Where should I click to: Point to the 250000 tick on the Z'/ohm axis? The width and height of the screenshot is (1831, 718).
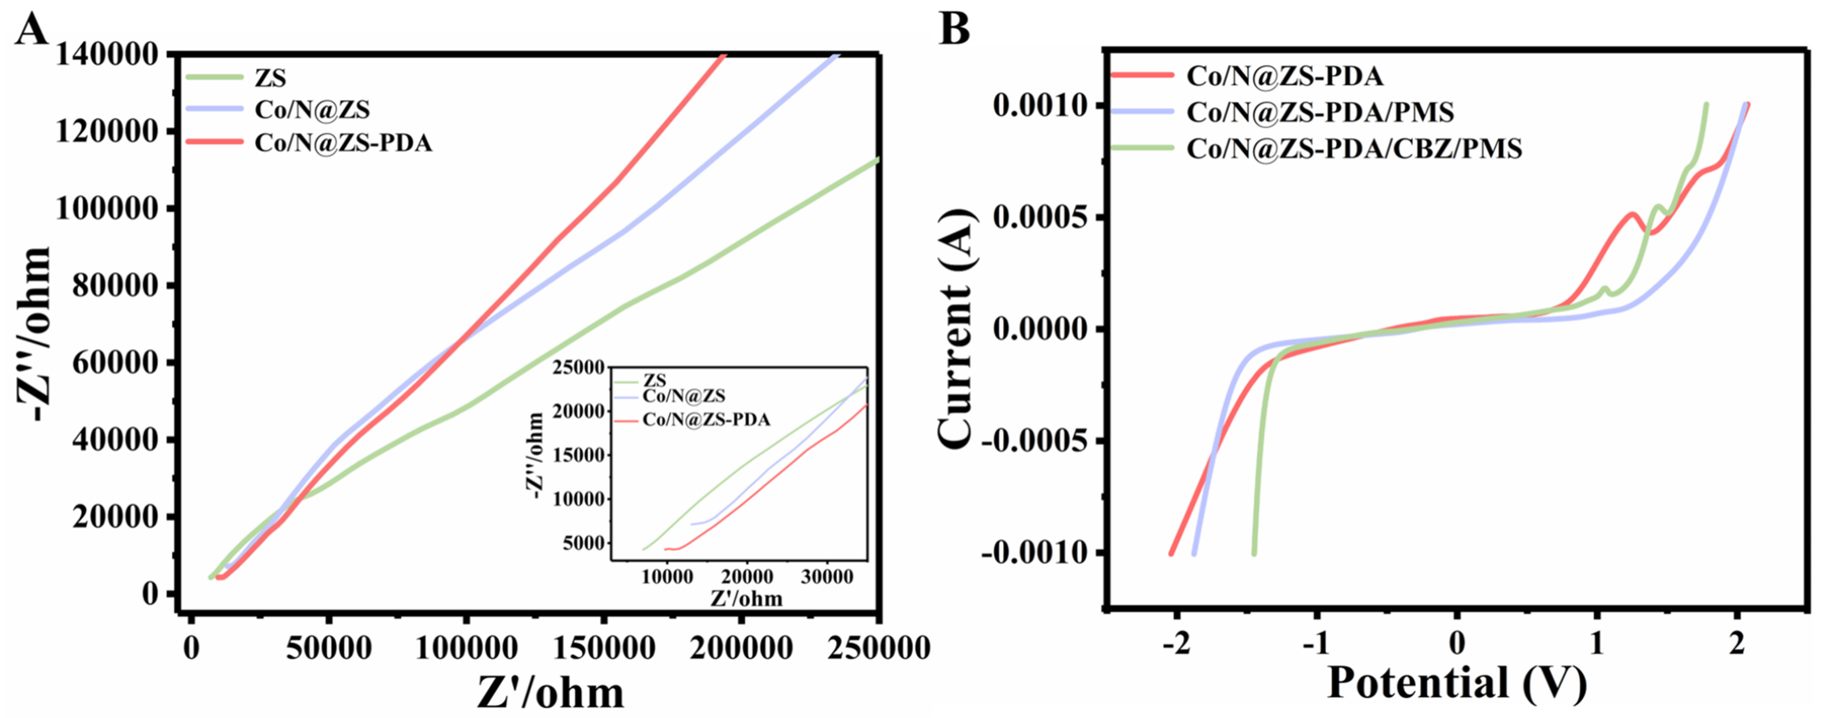pos(880,648)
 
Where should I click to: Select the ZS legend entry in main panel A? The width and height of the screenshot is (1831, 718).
pos(270,77)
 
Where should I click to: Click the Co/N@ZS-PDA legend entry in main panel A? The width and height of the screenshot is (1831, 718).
pos(343,144)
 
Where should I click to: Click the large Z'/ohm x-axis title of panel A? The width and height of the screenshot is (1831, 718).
pos(550,693)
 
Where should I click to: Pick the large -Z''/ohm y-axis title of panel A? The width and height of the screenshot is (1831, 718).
pos(36,334)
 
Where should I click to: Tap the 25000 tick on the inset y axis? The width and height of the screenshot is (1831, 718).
pos(579,368)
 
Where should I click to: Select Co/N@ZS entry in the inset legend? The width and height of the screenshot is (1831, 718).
pos(684,396)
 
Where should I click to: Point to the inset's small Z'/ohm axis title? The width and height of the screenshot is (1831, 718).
pos(746,599)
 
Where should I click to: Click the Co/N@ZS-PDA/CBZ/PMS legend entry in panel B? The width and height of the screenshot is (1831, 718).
pos(1354,148)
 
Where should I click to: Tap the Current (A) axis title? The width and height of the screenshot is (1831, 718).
pos(956,328)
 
